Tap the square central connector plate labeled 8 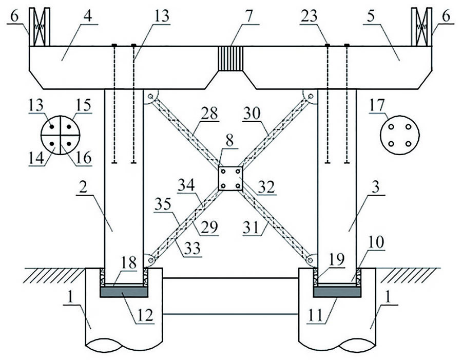[x=230, y=178]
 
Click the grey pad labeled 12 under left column [x=123, y=292]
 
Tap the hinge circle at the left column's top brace [x=150, y=96]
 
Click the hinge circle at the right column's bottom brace [x=310, y=261]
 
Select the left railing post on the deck [x=40, y=26]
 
